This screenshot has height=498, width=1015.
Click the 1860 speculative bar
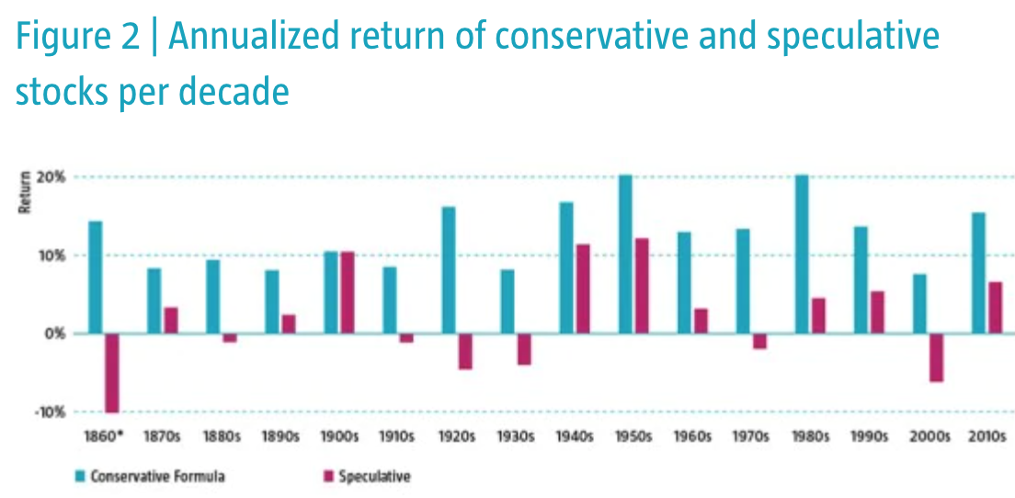coord(112,373)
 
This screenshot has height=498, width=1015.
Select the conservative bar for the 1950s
coord(625,254)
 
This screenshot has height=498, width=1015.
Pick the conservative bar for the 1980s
coord(802,254)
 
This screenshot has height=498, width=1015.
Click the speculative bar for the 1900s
coord(348,292)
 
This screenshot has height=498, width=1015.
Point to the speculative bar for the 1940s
coord(583,289)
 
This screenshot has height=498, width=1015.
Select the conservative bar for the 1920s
coord(449,270)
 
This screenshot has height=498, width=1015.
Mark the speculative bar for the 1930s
coord(524,349)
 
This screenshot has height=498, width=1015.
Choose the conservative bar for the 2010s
coord(978,273)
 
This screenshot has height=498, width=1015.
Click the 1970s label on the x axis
coord(750,437)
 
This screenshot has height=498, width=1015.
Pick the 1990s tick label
coord(869,437)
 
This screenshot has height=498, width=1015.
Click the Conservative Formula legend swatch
coord(80,476)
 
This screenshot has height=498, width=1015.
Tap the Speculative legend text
coord(374,476)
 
